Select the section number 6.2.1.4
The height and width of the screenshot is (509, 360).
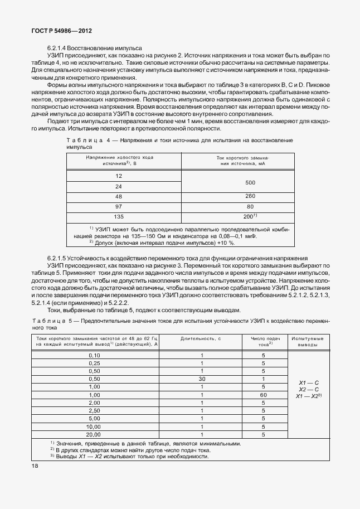[61, 49]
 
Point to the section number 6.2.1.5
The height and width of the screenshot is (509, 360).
[61, 259]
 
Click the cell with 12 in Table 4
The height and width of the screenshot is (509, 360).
[119, 176]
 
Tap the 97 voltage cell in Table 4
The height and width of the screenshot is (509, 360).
[119, 206]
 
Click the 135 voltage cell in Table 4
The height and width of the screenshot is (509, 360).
[119, 216]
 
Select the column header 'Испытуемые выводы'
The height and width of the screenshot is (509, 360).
[308, 341]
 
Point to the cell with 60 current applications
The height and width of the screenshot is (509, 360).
[264, 394]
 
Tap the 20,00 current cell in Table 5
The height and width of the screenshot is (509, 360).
[95, 434]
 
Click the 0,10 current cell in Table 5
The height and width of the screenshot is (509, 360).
[95, 355]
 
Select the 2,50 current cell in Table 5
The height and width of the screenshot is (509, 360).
[95, 410]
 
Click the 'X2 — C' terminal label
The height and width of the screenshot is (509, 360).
[308, 389]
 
